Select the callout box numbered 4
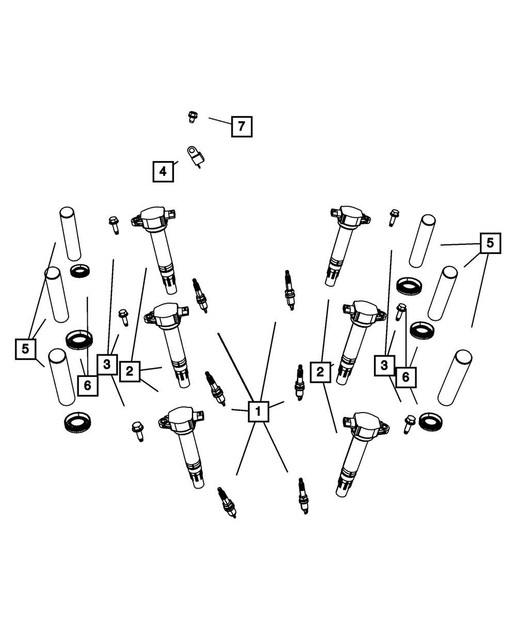163,171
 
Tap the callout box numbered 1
259,412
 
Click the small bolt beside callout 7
192,117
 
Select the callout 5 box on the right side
490,242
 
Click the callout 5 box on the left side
26,349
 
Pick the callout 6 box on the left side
87,385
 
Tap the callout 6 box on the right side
406,377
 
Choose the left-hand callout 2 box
130,371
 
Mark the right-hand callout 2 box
320,371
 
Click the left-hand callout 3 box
107,364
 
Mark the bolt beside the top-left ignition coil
114,225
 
